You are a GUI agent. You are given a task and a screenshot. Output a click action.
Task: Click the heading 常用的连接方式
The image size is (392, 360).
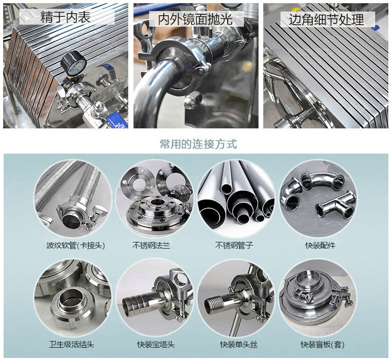click(198, 144)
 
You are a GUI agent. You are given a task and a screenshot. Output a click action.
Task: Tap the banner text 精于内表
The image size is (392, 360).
click(65, 17)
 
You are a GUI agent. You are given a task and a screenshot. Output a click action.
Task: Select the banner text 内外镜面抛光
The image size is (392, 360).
click(196, 19)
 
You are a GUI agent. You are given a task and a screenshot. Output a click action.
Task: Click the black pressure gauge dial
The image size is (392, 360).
click(73, 63)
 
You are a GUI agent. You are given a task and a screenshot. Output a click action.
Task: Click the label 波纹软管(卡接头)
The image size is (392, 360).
click(75, 245)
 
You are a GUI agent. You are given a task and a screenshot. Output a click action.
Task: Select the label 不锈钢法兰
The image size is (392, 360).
click(151, 245)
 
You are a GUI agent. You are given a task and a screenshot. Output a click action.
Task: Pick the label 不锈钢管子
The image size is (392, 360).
click(234, 245)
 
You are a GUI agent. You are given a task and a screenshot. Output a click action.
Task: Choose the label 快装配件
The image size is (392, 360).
click(320, 245)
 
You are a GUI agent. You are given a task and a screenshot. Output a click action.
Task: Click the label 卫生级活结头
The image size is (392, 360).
click(72, 344)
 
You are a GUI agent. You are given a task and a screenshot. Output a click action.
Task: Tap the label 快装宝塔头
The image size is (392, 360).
click(156, 344)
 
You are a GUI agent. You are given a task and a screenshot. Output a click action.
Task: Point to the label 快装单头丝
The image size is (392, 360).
click(239, 344)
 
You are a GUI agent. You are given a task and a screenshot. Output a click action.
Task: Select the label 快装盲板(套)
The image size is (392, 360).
click(322, 344)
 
